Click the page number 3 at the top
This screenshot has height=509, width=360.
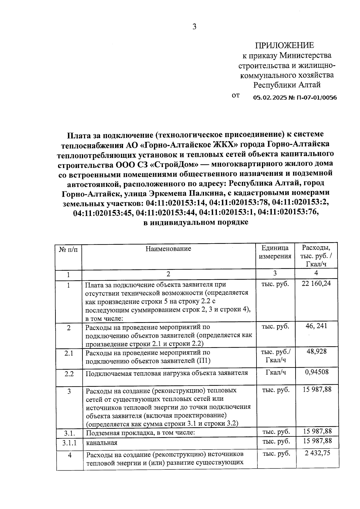[194, 27]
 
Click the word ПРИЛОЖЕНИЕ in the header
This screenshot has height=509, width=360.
[284, 45]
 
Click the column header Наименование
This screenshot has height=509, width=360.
[168, 249]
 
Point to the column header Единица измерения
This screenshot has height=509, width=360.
[275, 252]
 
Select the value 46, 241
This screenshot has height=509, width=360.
[316, 326]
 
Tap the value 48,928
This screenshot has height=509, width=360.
[316, 351]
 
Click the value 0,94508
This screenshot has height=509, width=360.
[316, 372]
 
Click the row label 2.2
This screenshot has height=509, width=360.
[69, 374]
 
